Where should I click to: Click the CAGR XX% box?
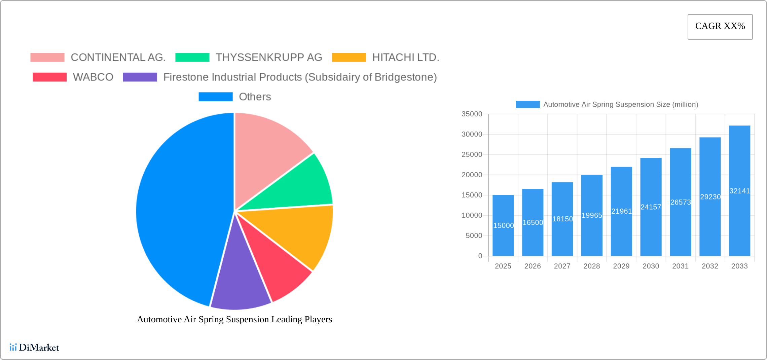pyautogui.click(x=720, y=27)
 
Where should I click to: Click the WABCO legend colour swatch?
pyautogui.click(x=49, y=77)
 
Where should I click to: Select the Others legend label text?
pyautogui.click(x=255, y=97)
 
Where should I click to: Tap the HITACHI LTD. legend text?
pyautogui.click(x=405, y=58)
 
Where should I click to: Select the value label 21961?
pyautogui.click(x=621, y=211)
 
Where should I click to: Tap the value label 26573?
pyautogui.click(x=680, y=202)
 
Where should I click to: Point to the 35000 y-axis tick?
pyautogui.click(x=472, y=114)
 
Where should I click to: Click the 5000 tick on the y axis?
pyautogui.click(x=474, y=236)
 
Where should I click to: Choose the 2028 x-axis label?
pyautogui.click(x=592, y=266)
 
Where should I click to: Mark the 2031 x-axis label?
pyautogui.click(x=680, y=266)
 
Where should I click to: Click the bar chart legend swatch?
pyautogui.click(x=527, y=105)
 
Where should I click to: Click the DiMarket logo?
pyautogui.click(x=34, y=347)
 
